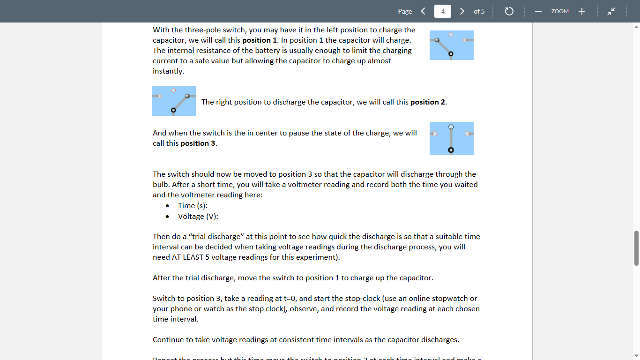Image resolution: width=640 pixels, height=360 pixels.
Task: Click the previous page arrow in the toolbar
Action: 423,11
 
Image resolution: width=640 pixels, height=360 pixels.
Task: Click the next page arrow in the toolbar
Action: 462,11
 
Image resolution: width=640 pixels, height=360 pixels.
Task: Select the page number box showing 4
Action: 443,11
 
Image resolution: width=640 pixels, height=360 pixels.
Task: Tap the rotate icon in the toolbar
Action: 509,11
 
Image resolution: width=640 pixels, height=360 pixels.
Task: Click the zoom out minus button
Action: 538,11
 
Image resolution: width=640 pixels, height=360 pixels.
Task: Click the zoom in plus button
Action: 582,11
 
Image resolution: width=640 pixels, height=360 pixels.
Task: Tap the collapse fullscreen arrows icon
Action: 611,11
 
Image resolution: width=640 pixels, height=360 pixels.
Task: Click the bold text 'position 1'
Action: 260,40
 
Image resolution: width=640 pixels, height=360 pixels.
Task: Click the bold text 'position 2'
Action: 428,102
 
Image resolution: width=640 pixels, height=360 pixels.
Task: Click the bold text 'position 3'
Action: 198,143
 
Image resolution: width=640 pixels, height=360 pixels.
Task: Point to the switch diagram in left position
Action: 451,45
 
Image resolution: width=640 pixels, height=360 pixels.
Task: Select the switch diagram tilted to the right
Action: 174,101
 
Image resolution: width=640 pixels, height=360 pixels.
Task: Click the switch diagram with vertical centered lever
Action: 451,138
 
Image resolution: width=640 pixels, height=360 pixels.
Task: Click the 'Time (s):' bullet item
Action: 193,206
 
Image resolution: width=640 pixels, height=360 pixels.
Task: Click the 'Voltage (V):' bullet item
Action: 198,217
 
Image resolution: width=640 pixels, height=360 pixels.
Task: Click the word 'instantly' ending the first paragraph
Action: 168,71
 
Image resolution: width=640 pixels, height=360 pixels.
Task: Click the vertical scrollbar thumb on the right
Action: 636,248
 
